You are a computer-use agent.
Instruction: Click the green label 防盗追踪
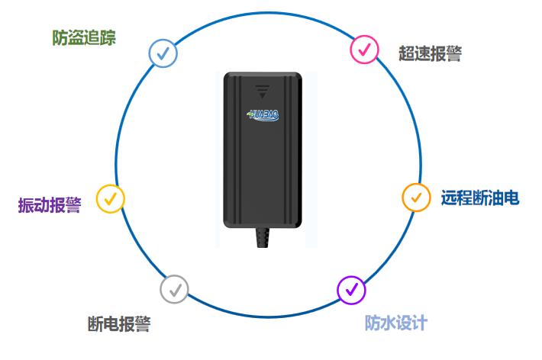pyautogui.click(x=84, y=37)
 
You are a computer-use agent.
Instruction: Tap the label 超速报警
pyautogui.click(x=430, y=53)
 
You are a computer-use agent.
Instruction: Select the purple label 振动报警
pyautogui.click(x=50, y=205)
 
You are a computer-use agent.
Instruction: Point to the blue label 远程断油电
pyautogui.click(x=480, y=198)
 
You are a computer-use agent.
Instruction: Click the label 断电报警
pyautogui.click(x=119, y=324)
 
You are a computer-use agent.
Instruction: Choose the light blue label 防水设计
pyautogui.click(x=395, y=323)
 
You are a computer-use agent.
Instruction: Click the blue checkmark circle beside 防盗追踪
pyautogui.click(x=163, y=53)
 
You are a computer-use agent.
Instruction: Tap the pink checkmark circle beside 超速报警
pyautogui.click(x=364, y=50)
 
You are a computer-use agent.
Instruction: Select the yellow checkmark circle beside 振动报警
pyautogui.click(x=111, y=198)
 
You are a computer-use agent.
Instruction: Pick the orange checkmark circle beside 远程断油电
pyautogui.click(x=416, y=197)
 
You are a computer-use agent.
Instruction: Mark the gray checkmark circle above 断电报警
pyautogui.click(x=174, y=289)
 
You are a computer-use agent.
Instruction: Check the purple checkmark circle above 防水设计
pyautogui.click(x=351, y=289)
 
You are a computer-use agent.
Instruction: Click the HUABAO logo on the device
pyautogui.click(x=264, y=114)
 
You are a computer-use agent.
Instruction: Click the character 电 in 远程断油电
pyautogui.click(x=511, y=198)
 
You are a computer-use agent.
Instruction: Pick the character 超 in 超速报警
pyautogui.click(x=407, y=53)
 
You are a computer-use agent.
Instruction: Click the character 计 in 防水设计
pyautogui.click(x=419, y=323)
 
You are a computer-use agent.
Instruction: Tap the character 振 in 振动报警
pyautogui.click(x=26, y=205)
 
